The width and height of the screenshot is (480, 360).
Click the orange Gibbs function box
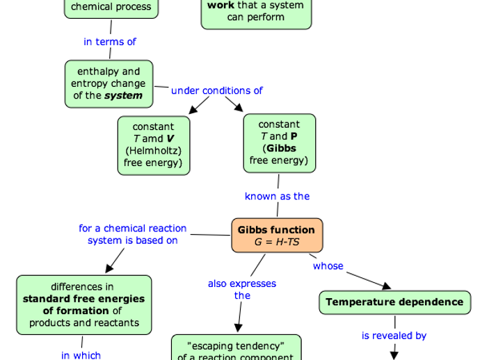pos(277,236)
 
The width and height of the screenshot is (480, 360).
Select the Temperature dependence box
pos(394,302)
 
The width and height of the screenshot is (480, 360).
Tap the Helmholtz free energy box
pos(153,145)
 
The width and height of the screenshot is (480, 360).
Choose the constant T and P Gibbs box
pos(279,143)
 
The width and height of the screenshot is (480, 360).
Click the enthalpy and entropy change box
pos(109,83)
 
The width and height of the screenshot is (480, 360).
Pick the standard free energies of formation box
pos(83,304)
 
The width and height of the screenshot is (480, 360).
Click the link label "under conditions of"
pos(217,90)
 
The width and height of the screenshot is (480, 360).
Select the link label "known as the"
pos(277,196)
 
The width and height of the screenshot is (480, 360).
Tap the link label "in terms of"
pos(110,42)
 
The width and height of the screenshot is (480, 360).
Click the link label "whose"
pos(328,265)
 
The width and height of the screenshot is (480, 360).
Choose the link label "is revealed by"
pos(394,335)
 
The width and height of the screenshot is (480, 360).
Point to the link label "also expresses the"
pos(242,289)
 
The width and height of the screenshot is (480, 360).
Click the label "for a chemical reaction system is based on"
pos(132,234)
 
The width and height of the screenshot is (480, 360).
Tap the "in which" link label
pos(81,355)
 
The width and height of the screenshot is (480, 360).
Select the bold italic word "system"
pos(124,96)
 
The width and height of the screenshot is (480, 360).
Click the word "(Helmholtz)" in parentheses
pos(153,151)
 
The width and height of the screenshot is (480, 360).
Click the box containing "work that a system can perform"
pos(256,11)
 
